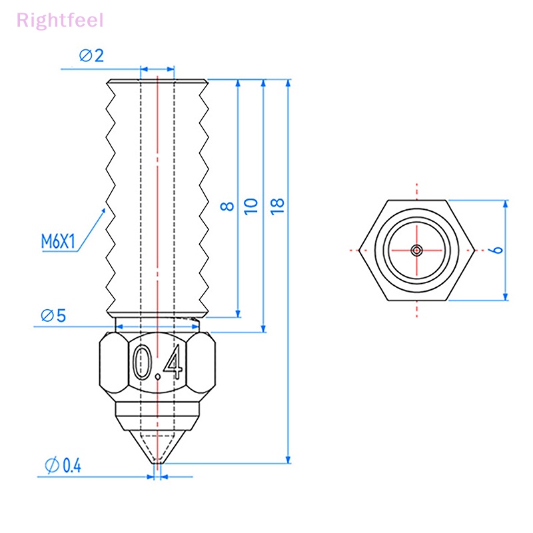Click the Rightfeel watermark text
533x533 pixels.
pos(60,20)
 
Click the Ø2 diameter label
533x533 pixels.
pos(91,56)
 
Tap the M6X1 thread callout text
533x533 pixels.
pos(59,241)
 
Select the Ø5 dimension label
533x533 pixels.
pos(53,315)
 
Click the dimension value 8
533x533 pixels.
pos(229,206)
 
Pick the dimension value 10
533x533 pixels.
pos(251,205)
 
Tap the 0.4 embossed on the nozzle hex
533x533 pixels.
pos(158,364)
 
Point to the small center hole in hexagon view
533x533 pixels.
pos(416,250)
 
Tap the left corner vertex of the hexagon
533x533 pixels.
pos(359,250)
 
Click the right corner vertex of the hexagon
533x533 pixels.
pos(474,250)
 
